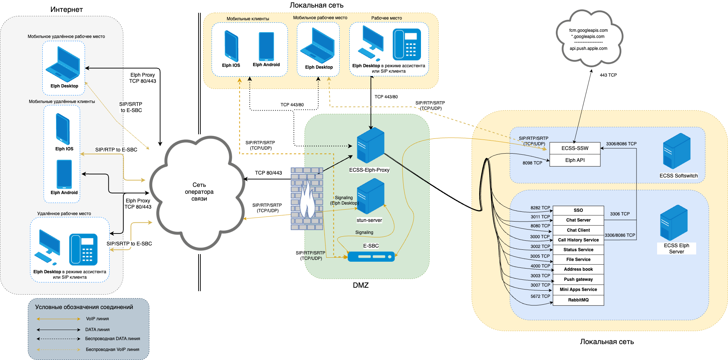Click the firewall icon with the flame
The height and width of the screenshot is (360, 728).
point(307,199)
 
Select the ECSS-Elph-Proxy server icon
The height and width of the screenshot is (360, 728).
point(370,145)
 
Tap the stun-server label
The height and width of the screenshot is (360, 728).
point(369,220)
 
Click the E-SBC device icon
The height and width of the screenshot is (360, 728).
point(371,257)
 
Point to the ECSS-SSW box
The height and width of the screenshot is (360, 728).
point(575,148)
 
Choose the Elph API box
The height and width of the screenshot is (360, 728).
point(575,160)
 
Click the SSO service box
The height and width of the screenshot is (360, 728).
point(578,210)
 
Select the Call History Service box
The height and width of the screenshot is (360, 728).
point(578,240)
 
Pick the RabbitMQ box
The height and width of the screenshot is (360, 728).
point(578,300)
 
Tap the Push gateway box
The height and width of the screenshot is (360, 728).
point(578,279)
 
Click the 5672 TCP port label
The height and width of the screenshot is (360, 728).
point(540,296)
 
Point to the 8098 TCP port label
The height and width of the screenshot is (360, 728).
point(532,163)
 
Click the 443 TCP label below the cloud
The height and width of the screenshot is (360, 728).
point(608,75)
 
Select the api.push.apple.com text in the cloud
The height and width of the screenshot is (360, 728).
point(588,48)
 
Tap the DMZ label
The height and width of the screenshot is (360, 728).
point(361,285)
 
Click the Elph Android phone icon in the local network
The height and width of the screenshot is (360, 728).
point(266,47)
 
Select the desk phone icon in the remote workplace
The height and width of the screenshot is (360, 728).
point(83,249)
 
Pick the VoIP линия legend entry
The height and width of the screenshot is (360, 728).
point(97,319)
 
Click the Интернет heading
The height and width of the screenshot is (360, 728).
point(67,10)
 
